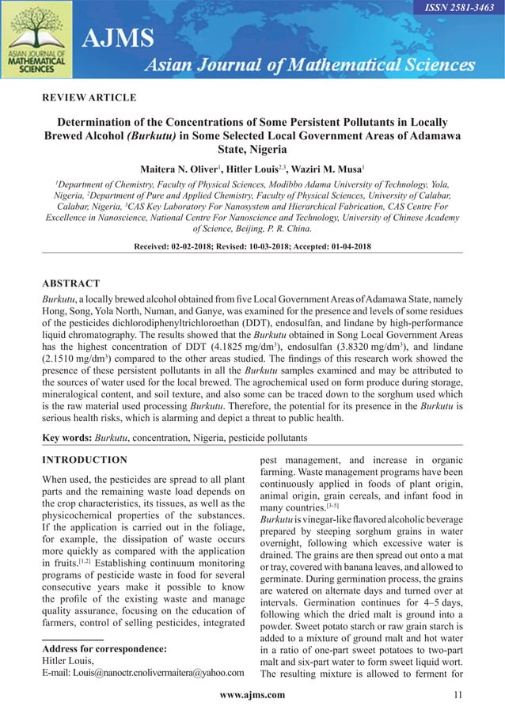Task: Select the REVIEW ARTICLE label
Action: tap(89, 98)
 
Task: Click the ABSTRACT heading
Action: tap(70, 283)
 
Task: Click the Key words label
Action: tap(66, 438)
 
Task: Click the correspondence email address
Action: tap(142, 673)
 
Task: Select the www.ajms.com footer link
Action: tap(252, 695)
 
